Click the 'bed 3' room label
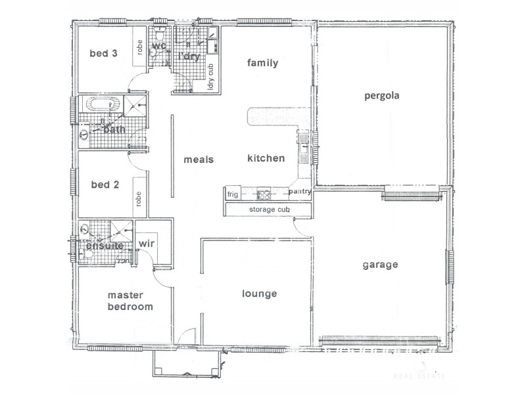104,53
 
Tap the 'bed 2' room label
104,185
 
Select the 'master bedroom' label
131,301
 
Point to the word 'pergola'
382,95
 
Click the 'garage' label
381,265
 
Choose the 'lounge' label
259,294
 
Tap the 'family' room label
263,63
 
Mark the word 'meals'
198,159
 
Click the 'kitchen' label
266,158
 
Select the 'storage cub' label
270,209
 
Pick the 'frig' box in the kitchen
232,194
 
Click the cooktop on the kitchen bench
264,194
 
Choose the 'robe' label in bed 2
139,198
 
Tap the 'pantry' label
299,192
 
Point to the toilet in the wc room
153,55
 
